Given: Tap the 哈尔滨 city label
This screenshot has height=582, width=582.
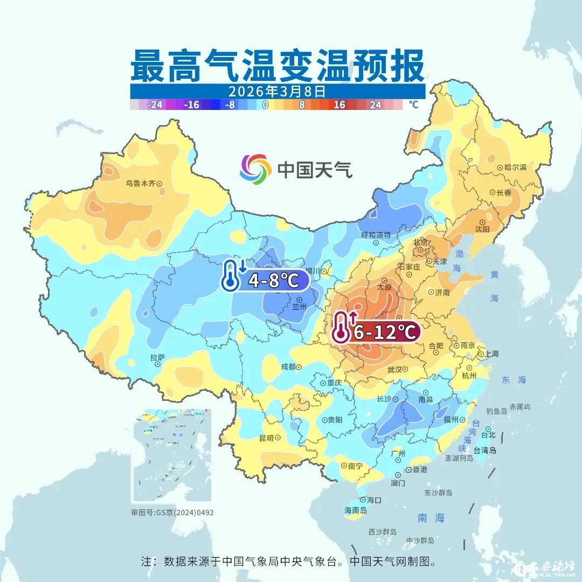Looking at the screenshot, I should [515, 168].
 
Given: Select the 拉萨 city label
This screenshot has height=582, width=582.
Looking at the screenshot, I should [158, 358].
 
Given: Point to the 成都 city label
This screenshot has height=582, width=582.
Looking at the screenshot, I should [288, 366].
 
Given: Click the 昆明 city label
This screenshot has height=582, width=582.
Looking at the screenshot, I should [267, 438].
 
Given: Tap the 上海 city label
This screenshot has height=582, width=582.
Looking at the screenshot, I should [491, 354].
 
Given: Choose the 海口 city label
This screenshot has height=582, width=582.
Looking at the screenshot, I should [373, 500].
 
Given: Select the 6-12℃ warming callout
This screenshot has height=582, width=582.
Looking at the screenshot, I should [384, 332].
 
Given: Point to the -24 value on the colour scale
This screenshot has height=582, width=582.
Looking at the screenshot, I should [155, 105].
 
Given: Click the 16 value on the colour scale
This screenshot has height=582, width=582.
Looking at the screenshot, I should [339, 105].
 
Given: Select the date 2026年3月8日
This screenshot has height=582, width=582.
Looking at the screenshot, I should [276, 91].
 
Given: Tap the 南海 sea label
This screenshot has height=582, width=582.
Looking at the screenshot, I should [432, 518].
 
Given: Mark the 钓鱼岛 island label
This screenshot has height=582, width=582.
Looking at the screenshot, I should [496, 411].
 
